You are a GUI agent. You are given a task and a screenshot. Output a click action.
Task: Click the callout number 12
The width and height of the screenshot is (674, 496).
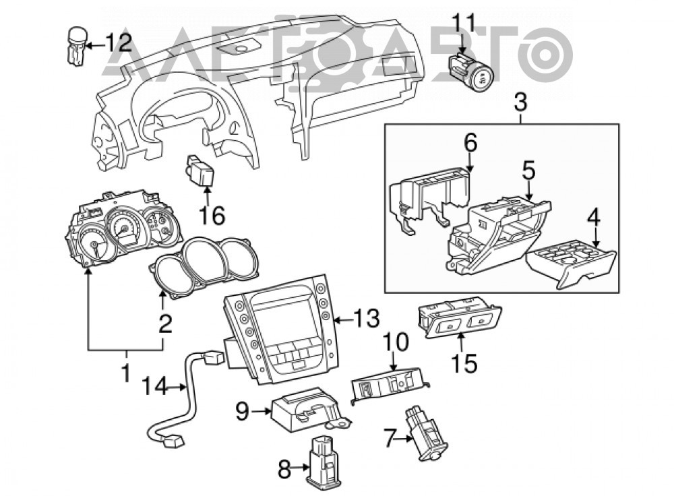tap(118, 43)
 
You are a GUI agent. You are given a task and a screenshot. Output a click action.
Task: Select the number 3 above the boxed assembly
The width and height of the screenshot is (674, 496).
tap(520, 103)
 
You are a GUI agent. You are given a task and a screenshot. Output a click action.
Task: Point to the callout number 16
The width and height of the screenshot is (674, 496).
tap(213, 216)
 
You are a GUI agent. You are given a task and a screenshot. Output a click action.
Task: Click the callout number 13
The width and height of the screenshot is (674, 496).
tap(367, 319)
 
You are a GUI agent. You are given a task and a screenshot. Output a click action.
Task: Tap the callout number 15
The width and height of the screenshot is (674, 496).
tap(464, 363)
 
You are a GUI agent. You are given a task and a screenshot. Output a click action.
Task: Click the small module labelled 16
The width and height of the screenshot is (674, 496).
tap(200, 171)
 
